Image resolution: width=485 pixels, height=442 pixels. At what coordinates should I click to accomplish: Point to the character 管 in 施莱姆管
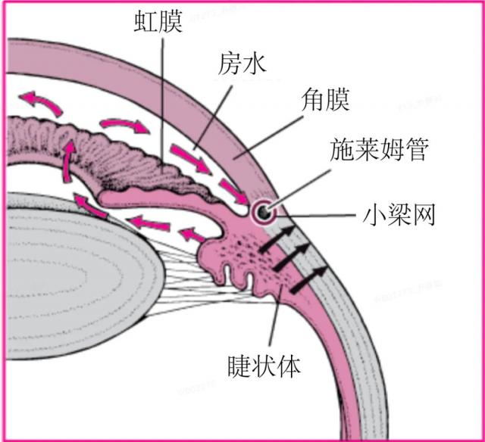coord(416,150)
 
